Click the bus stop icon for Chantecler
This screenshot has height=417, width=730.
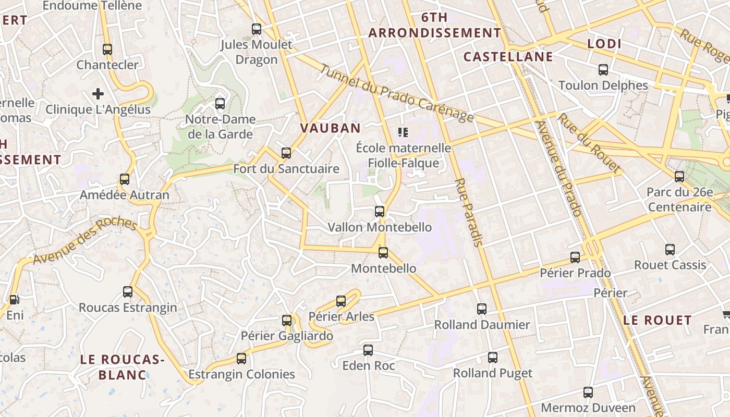click(107, 50)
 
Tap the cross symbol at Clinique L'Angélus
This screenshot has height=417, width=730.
click(98, 94)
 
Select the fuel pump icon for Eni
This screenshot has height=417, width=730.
click(14, 300)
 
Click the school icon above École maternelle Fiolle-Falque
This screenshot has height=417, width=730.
click(403, 132)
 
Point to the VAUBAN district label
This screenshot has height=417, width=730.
click(331, 128)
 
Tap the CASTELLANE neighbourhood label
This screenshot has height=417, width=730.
click(508, 57)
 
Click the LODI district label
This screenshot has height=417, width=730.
click(604, 44)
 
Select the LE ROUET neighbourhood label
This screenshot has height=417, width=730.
click(658, 320)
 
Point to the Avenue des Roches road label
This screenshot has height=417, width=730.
click(85, 241)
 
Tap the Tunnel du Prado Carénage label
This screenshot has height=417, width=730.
click(397, 94)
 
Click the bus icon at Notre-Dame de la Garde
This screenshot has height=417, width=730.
click(220, 103)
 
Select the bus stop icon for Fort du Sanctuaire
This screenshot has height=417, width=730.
click(286, 153)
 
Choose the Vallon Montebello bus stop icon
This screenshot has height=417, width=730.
click(380, 212)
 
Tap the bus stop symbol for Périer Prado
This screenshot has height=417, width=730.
click(575, 257)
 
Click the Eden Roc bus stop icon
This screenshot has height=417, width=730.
click(368, 350)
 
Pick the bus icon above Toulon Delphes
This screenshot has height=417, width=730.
click(603, 70)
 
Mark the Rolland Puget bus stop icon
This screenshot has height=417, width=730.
click(493, 358)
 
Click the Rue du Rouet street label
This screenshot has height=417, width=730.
click(590, 143)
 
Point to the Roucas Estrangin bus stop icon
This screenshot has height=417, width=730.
click(128, 292)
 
